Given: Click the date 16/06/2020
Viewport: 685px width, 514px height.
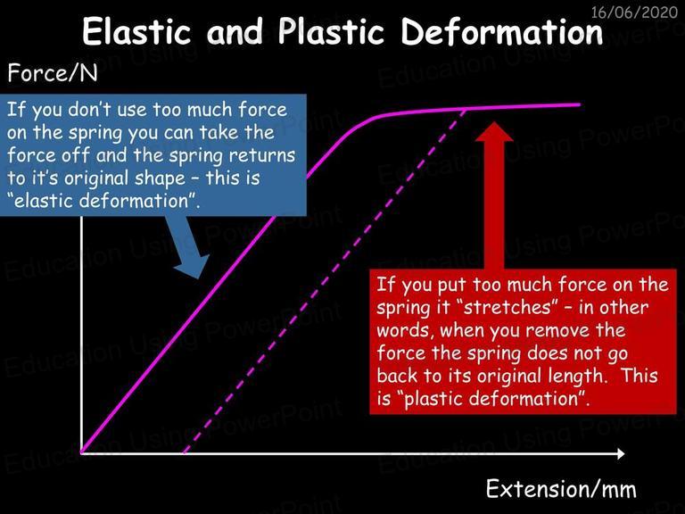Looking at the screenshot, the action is [634, 12].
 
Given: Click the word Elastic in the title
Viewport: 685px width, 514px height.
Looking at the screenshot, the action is [136, 31].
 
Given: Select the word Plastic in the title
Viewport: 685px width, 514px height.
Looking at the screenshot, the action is [332, 31].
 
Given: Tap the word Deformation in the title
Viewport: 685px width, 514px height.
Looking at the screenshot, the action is [502, 31].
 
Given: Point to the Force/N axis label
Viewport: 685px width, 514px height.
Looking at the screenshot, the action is [53, 73].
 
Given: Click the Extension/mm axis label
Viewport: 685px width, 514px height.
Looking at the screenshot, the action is [561, 489].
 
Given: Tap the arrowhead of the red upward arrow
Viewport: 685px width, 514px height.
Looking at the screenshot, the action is [494, 131].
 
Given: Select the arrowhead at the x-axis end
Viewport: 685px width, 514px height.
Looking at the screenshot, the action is [621, 453].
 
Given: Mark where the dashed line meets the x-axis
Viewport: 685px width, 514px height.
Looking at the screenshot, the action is [185, 452].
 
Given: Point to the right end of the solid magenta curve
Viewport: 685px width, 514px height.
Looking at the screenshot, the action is [580, 104].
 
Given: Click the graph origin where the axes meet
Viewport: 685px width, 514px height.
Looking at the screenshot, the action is [81, 452].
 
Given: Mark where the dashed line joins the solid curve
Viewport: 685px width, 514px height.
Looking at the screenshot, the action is [466, 108].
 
